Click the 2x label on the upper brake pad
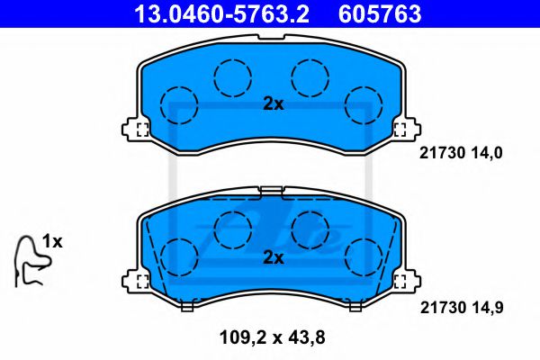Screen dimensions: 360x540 tap(273, 104)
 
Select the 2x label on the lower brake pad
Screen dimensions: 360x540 tap(273, 257)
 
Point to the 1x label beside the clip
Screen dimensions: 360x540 tap(52, 242)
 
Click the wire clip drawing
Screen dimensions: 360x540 tap(29, 261)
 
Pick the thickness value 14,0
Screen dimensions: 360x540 tap(484, 153)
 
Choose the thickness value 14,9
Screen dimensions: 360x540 tap(484, 306)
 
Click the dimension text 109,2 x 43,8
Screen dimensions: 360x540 tap(272, 339)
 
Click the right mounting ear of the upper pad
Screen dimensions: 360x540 tap(405, 128)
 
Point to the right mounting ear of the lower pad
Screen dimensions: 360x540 tap(405, 281)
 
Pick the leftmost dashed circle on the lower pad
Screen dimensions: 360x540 tap(178, 256)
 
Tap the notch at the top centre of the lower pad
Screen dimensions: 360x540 tap(272, 190)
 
